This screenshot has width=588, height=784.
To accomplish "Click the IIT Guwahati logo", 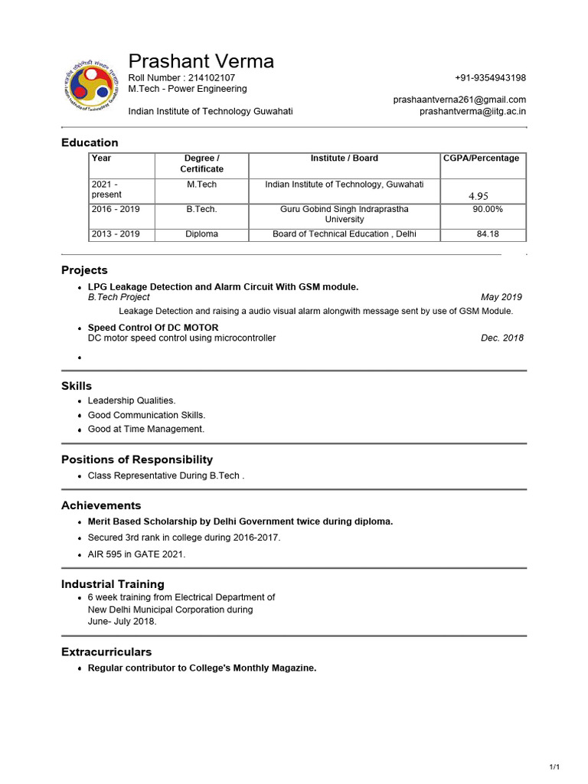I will (x=91, y=86).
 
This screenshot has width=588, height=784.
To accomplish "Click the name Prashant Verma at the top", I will (x=201, y=61).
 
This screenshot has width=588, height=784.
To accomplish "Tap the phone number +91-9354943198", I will (x=490, y=78).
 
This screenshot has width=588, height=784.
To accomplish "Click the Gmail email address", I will (x=459, y=100).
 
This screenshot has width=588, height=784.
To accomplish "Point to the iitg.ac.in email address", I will (x=472, y=111).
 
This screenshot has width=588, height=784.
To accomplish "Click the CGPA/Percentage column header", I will (x=481, y=158).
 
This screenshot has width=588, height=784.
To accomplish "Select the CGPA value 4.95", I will (x=478, y=196).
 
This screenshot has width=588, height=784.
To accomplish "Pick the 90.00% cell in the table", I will (x=487, y=209).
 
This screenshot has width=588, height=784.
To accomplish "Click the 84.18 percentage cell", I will (x=488, y=234).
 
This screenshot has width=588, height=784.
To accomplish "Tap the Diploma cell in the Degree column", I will (x=202, y=234).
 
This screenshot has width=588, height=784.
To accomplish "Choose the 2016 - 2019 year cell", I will (x=116, y=209).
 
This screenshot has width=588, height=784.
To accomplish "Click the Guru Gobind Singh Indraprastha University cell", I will (x=345, y=214).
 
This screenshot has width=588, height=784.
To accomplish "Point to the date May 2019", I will (x=501, y=297).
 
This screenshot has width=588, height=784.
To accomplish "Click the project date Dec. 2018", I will (x=502, y=338).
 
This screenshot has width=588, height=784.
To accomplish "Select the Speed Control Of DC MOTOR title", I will (x=153, y=328).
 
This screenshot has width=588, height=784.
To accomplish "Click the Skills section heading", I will (x=77, y=386).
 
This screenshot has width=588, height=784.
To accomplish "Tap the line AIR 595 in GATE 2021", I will (x=136, y=554).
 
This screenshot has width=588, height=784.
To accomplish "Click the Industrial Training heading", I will (x=113, y=584).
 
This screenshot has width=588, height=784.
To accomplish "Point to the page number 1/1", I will (x=555, y=767).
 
